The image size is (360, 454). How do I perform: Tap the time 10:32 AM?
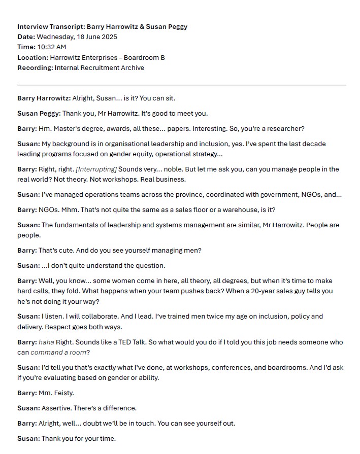[53, 47]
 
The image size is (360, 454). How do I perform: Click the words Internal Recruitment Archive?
[99, 67]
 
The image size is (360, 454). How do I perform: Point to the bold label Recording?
[35, 67]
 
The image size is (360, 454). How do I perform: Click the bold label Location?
[33, 57]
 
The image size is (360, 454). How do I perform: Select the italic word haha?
[46, 341]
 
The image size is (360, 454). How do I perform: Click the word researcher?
[284, 128]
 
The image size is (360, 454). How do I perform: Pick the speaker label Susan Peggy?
[39, 113]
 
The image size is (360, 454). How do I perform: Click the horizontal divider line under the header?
[181, 85]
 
